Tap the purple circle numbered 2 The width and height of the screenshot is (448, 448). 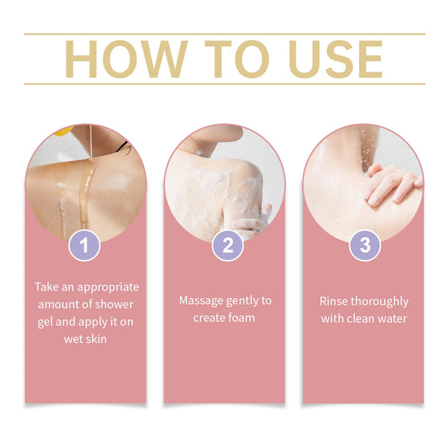(227, 245)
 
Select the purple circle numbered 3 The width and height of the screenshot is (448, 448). (364, 245)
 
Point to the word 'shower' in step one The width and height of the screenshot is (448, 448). (116, 304)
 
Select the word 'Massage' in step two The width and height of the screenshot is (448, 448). (202, 300)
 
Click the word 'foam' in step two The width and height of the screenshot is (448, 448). (239, 317)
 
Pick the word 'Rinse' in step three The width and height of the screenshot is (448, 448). (335, 301)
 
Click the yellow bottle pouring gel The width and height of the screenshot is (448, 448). (63, 131)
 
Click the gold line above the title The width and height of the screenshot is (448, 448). (224, 34)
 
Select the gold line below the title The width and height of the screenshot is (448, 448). (224, 84)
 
